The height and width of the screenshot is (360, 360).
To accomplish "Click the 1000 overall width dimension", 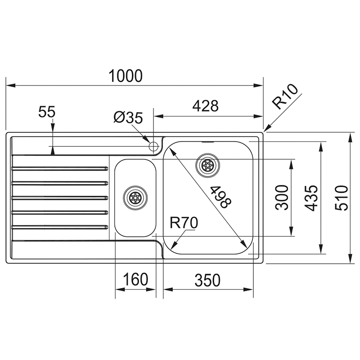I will tap(125, 76).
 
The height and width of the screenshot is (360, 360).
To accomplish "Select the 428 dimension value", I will tap(205, 106).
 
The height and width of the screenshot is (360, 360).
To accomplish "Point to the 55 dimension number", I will tap(46, 112).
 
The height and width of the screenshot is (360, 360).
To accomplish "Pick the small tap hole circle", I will tap(153, 146).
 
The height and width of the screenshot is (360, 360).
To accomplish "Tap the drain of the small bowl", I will tap(135, 197).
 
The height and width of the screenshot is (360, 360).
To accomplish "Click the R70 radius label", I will tap(184, 222).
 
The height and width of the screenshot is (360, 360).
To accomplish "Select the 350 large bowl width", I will tap(207, 279).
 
